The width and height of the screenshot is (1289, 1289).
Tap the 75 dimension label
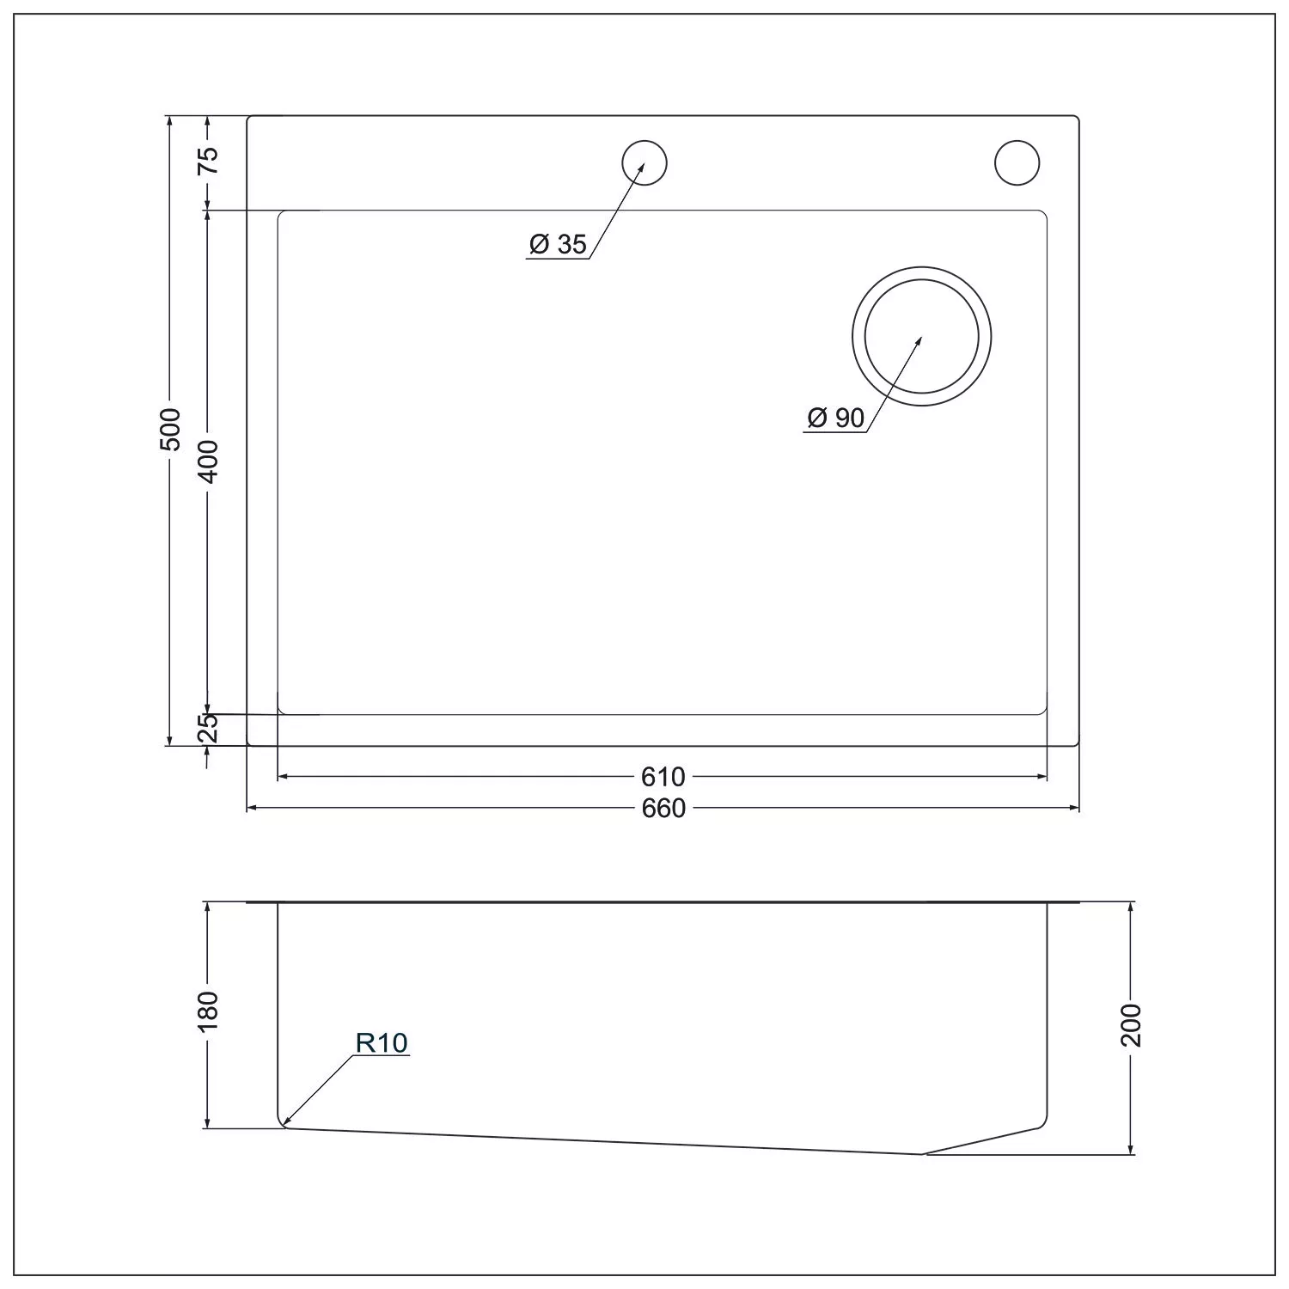tap(209, 160)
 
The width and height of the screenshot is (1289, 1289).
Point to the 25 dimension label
tap(209, 728)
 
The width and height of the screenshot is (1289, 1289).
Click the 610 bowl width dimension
tap(663, 777)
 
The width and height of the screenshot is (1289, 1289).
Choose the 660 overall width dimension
tap(663, 809)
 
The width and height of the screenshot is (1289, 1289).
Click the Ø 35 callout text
tap(558, 244)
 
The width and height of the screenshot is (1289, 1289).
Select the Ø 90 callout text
tap(835, 418)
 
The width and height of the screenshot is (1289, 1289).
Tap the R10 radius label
tap(382, 1043)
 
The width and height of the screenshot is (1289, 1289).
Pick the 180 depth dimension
tap(209, 1011)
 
